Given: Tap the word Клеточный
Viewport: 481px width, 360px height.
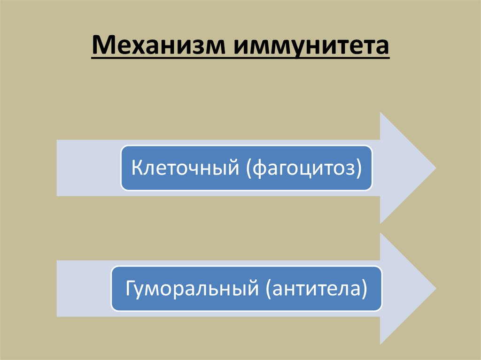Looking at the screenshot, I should click(x=183, y=168).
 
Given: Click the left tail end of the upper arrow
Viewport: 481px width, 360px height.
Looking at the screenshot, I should click(x=58, y=168).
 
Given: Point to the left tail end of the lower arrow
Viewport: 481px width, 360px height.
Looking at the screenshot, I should click(x=58, y=288).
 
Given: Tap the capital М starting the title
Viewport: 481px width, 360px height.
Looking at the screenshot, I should click(x=101, y=47).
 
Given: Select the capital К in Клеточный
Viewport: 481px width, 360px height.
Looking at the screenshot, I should click(x=136, y=168).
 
